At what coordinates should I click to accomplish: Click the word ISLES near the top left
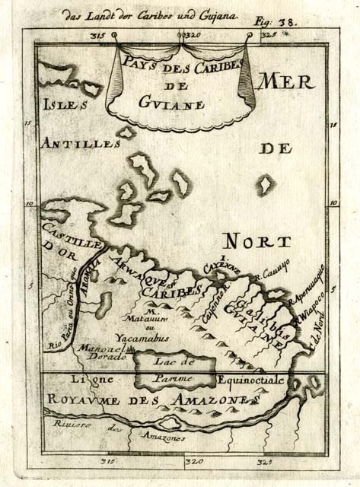[x=62, y=106]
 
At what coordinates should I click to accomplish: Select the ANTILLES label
[x=81, y=143]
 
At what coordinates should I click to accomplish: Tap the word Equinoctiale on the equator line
[x=251, y=378]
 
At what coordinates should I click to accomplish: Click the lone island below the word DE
[x=266, y=184]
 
